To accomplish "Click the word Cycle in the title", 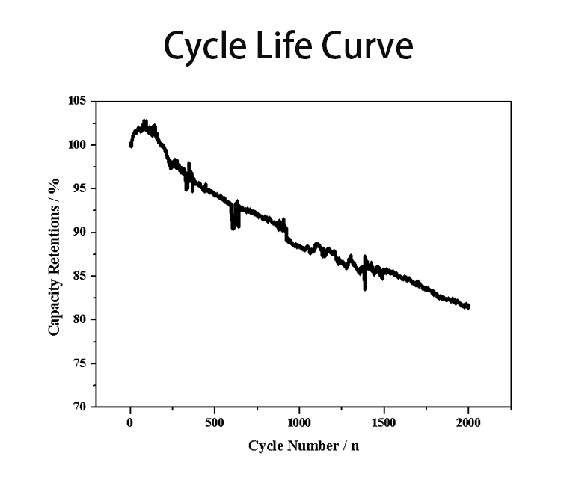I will coord(203,46).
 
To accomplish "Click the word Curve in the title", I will coord(368,46).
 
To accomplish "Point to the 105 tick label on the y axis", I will coord(77,101).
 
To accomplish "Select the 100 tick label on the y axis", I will coord(77,144).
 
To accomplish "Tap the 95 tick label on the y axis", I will coord(80,188).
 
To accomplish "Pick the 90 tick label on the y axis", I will coord(80,233).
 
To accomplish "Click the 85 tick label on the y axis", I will coord(80,276).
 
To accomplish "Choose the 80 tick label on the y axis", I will coord(80,320).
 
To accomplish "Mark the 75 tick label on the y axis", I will coord(80,363).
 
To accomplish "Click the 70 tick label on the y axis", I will coord(80,407).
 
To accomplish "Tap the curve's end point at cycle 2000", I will coord(468,307).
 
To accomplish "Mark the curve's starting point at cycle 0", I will coord(131,145).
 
